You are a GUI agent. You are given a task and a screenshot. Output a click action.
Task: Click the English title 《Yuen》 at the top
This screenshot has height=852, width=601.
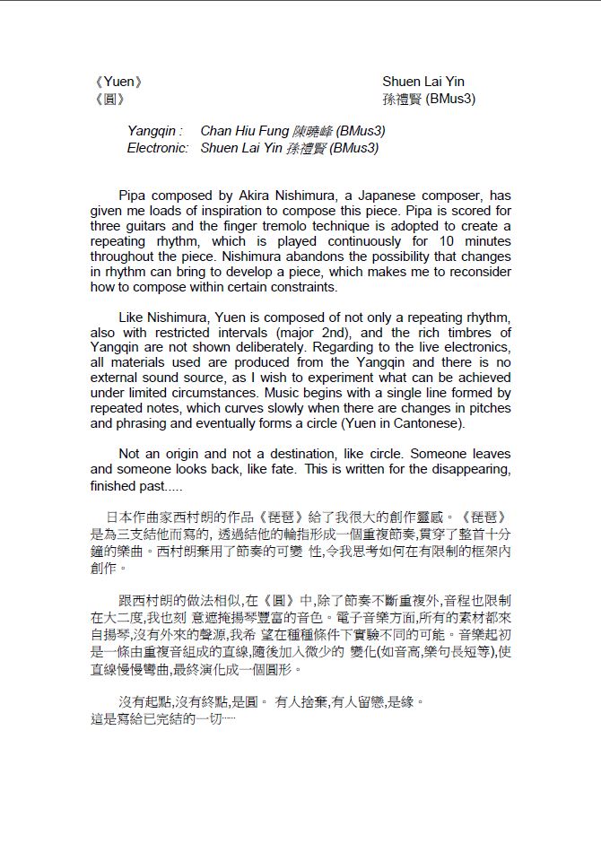tap(117, 83)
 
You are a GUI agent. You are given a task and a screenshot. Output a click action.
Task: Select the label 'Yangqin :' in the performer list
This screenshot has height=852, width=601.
tap(155, 131)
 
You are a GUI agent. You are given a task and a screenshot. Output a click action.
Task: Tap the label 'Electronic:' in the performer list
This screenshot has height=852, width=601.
tap(158, 148)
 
